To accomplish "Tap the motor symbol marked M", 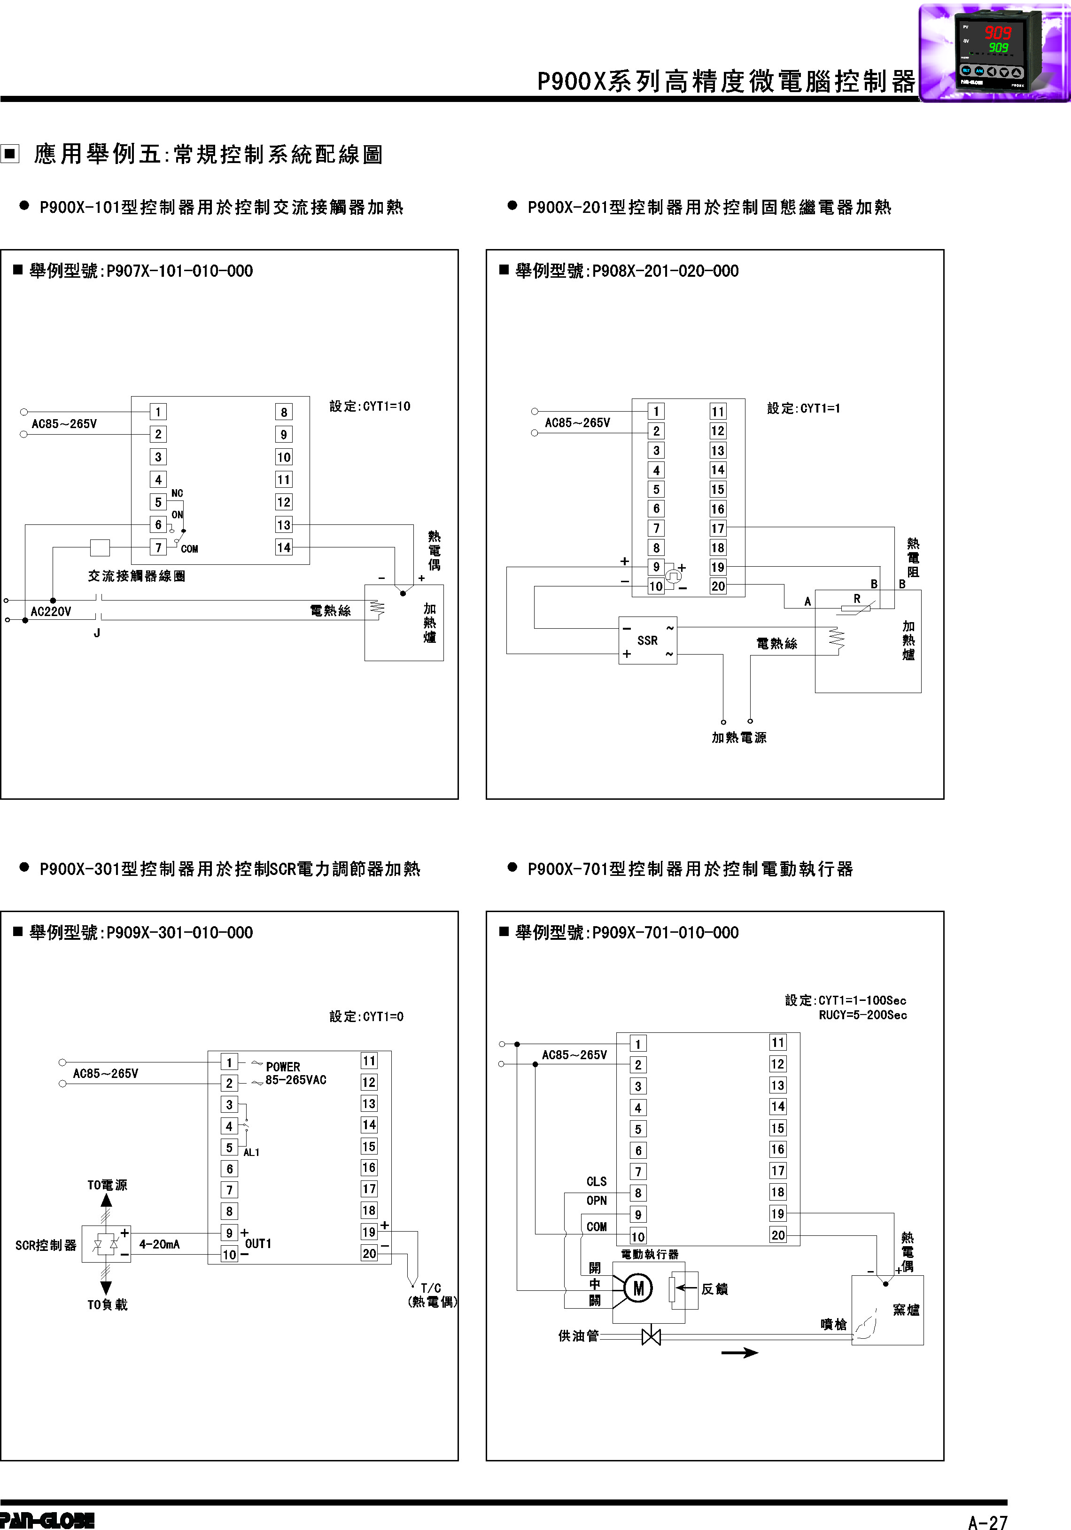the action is tap(638, 1288).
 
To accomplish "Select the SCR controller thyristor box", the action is tap(106, 1243).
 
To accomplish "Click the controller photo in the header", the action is tap(994, 52).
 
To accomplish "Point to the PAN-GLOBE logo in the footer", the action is tap(47, 1520).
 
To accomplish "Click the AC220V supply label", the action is tap(51, 611).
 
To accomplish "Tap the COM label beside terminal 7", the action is tap(189, 548).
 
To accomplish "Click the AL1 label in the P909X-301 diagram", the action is tap(251, 1152).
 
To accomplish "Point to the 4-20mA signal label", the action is tap(159, 1244).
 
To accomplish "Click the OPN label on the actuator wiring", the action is tap(596, 1200).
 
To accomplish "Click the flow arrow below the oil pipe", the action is tap(739, 1352).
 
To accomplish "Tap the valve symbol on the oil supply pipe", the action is tap(651, 1336).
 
